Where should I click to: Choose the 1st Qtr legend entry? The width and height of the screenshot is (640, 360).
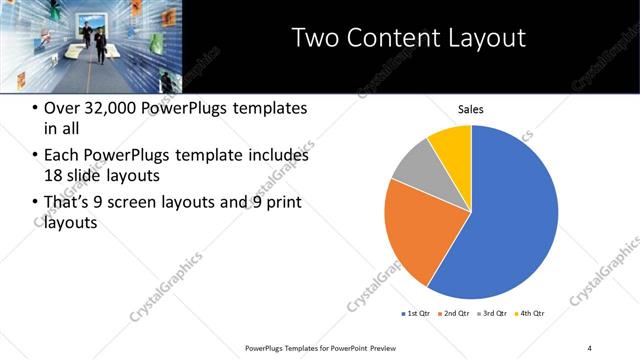[x=417, y=314]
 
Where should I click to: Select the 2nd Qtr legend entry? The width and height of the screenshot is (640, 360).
[x=456, y=314]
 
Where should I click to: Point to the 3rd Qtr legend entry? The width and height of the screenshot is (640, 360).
[x=494, y=314]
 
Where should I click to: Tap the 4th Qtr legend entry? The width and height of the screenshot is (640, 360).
[x=530, y=314]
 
